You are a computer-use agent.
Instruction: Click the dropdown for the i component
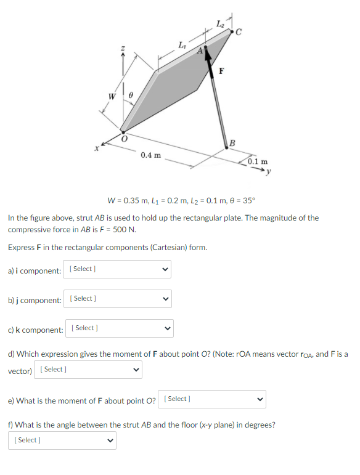pyautogui.click(x=120, y=269)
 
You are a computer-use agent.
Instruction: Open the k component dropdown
pyautogui.click(x=120, y=328)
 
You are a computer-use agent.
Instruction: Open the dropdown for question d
pyautogui.click(x=88, y=370)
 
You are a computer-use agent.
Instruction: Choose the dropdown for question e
pyautogui.click(x=212, y=399)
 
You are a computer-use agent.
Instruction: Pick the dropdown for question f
pyautogui.click(x=62, y=440)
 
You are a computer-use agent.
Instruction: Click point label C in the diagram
pyautogui.click(x=238, y=35)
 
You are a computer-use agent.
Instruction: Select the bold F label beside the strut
pyautogui.click(x=220, y=70)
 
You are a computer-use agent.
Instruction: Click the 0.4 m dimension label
pyautogui.click(x=150, y=155)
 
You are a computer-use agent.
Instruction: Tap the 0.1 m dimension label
pyautogui.click(x=258, y=161)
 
